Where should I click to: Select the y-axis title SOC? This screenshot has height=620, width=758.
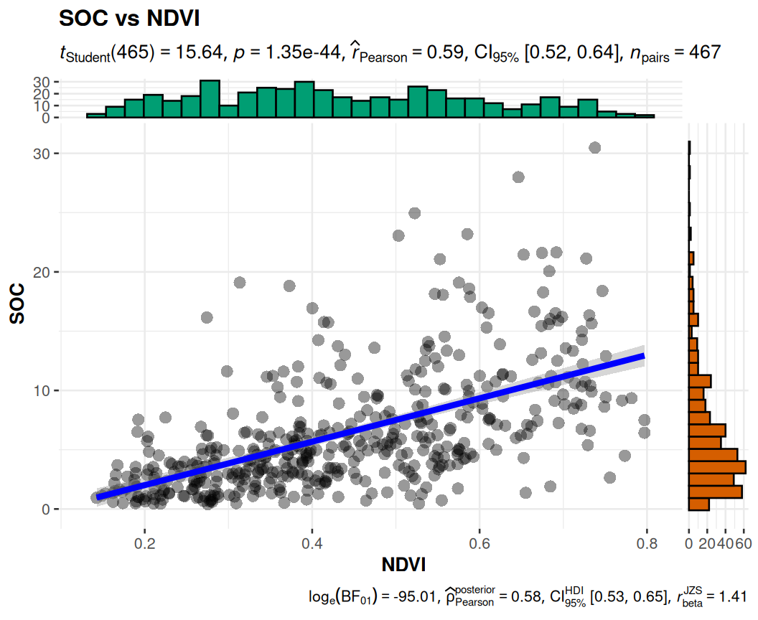coord(17,304)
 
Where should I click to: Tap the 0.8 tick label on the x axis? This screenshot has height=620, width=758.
coord(647,545)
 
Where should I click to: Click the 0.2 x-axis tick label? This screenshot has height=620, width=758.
coord(145,545)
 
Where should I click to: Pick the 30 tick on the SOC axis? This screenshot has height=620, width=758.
coord(43,154)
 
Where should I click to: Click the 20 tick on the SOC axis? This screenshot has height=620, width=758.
coord(43,272)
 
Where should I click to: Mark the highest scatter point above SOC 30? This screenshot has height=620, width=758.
coord(594,147)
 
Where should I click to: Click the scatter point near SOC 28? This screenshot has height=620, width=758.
coord(518,177)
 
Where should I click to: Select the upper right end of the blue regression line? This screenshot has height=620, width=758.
coord(643,356)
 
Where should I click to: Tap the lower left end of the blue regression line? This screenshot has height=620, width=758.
coord(98,497)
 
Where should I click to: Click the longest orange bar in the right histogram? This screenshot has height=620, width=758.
coord(717,466)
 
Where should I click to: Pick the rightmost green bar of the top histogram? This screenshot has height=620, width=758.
coord(645,116)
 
